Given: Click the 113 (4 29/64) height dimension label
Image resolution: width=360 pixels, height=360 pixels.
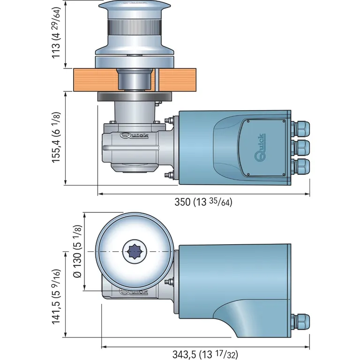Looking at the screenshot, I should [56, 34].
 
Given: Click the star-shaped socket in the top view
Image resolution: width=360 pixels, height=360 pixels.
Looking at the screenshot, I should [134, 252].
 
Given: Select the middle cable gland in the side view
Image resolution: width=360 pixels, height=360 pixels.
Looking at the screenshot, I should [300, 147].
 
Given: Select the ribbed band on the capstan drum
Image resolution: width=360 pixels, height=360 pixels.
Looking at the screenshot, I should [134, 27].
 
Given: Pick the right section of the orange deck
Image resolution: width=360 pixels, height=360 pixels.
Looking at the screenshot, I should [178, 79].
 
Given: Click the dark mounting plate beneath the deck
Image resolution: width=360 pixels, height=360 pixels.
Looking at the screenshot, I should [134, 97].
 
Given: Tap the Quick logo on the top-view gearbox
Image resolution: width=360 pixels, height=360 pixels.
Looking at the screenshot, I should [134, 292].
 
